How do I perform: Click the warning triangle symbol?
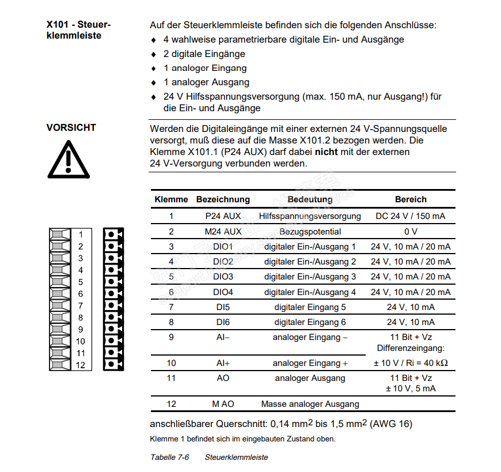[x=68, y=158]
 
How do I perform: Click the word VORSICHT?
[x=71, y=128]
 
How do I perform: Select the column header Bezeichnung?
[x=223, y=199]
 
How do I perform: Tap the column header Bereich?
[x=411, y=199]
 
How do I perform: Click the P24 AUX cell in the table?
[x=223, y=217]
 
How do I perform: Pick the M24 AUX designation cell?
[x=223, y=232]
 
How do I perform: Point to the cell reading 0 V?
[x=411, y=232]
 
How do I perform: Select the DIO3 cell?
[x=223, y=277]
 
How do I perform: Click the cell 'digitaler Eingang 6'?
[x=310, y=322]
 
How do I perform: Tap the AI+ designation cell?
[x=223, y=363]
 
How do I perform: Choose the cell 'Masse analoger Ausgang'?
[x=310, y=404]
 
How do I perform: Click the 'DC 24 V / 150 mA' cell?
[x=411, y=217]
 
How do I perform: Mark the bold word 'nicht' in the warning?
[x=327, y=152]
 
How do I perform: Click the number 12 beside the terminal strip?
[x=81, y=365]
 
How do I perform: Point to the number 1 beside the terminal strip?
[x=81, y=235]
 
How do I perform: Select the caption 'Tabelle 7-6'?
[x=170, y=457]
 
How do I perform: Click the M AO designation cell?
[x=223, y=404]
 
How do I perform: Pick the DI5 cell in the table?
[x=223, y=307]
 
